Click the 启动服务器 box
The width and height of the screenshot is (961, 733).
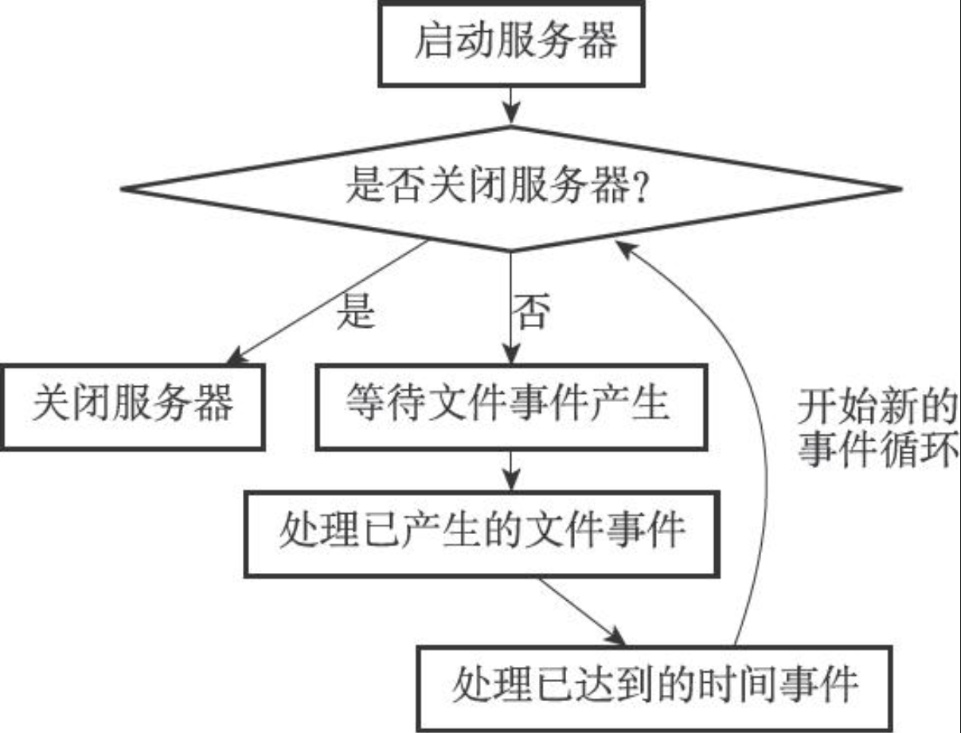pyautogui.click(x=510, y=43)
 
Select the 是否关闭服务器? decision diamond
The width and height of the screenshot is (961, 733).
pyautogui.click(x=510, y=189)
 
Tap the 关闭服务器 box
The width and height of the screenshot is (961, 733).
pyautogui.click(x=132, y=407)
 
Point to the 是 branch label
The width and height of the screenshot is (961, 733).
pyautogui.click(x=355, y=312)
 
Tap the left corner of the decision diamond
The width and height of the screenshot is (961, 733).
pyautogui.click(x=124, y=189)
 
